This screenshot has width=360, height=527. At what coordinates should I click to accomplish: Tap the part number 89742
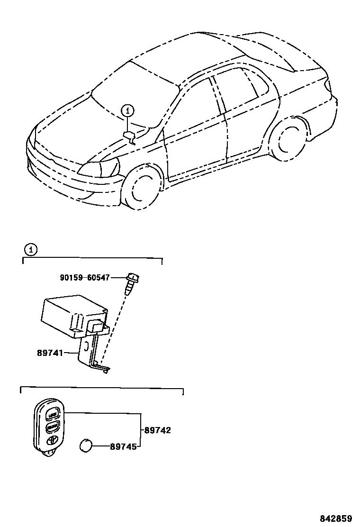pos(157,430)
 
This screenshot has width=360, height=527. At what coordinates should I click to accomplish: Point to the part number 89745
pos(123,446)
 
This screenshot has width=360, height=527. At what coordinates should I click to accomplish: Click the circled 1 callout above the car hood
pos(127,111)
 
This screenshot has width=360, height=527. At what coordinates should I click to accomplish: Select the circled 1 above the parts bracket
pos(30,249)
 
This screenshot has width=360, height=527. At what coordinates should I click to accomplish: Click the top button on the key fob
pos(53,416)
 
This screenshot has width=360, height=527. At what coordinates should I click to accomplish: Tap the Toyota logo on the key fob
pos(52,440)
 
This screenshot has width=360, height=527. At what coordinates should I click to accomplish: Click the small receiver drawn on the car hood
pos(129,136)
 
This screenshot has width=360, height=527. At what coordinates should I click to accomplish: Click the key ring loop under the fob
pos(48,454)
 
